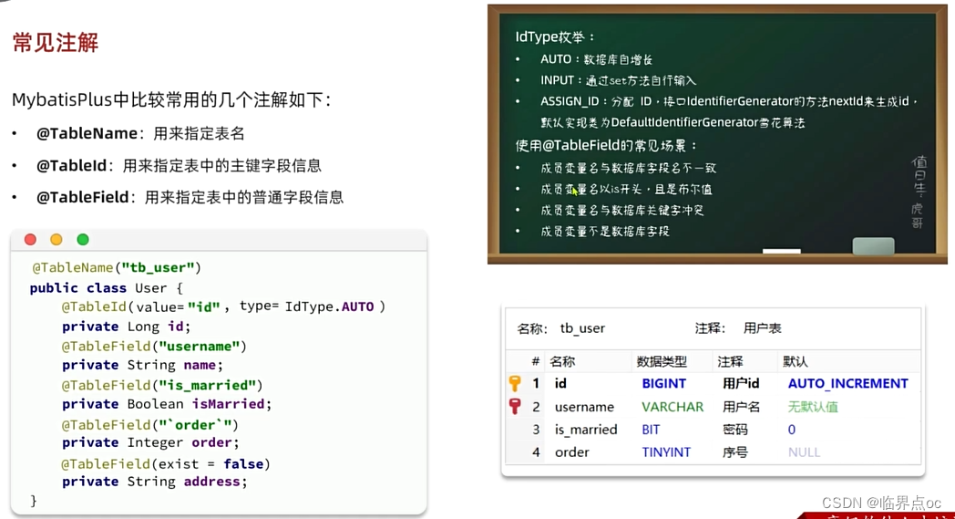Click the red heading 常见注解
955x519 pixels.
pyautogui.click(x=56, y=43)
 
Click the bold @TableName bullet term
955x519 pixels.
pyautogui.click(x=87, y=133)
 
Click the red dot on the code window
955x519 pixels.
pyautogui.click(x=30, y=239)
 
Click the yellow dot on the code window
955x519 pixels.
pyautogui.click(x=56, y=239)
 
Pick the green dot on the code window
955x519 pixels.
pyautogui.click(x=83, y=239)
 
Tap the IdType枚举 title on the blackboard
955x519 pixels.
pyautogui.click(x=554, y=37)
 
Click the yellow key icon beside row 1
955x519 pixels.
pyautogui.click(x=515, y=384)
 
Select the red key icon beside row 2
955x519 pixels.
pyautogui.click(x=515, y=407)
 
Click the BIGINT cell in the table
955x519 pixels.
pyautogui.click(x=663, y=384)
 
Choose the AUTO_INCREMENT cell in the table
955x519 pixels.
pyautogui.click(x=847, y=384)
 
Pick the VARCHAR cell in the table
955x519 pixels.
pyautogui.click(x=673, y=407)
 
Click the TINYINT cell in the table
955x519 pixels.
pyautogui.click(x=666, y=452)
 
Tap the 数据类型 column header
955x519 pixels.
pyautogui.click(x=662, y=361)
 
